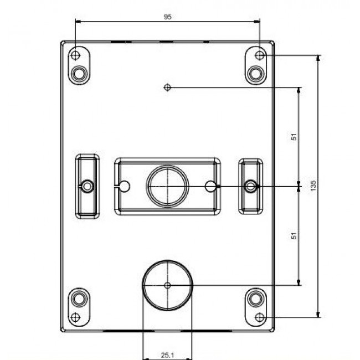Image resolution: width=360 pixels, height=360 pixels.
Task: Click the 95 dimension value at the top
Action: click(x=168, y=17)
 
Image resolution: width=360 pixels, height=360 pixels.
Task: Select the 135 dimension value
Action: click(x=313, y=185)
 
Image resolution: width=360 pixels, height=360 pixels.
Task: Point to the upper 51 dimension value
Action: click(x=295, y=136)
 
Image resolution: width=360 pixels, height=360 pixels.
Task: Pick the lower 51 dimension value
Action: click(x=295, y=235)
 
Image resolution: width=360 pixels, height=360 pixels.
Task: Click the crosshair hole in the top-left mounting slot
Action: click(x=76, y=55)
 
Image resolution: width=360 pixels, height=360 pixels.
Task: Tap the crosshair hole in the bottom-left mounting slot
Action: click(x=76, y=317)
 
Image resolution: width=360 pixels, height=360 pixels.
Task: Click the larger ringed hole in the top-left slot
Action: click(x=80, y=73)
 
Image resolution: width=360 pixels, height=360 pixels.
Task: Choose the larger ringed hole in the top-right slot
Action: click(x=255, y=73)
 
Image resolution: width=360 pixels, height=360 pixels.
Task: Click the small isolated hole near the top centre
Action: click(x=167, y=87)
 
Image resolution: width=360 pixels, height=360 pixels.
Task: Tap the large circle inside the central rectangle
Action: click(x=167, y=186)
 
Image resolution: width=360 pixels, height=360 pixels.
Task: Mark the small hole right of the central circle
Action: click(x=210, y=186)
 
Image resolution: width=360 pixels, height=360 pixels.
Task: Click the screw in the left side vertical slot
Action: click(x=87, y=186)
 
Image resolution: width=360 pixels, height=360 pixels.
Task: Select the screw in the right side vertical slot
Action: click(x=250, y=186)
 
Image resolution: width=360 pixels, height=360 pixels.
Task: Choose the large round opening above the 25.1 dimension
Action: click(x=167, y=285)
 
